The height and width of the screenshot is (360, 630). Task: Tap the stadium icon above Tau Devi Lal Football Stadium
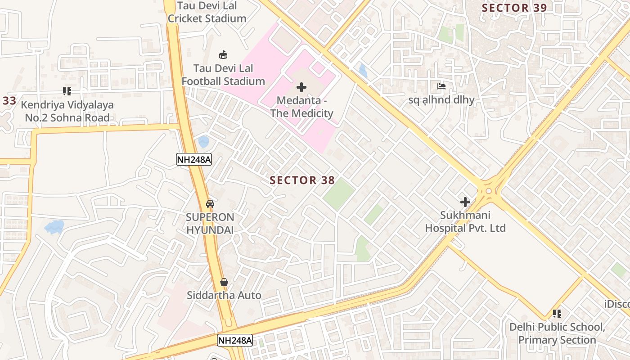[223, 55]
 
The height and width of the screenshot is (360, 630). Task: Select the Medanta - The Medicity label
[301, 107]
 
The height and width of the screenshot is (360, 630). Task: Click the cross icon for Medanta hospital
[301, 87]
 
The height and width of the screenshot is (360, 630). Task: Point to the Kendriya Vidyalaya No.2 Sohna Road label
[67, 111]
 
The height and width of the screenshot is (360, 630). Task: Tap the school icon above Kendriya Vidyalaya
[67, 92]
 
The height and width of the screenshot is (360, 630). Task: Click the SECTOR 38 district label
[302, 180]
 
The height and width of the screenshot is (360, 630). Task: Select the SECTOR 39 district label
[514, 8]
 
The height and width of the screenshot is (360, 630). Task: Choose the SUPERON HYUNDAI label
[210, 223]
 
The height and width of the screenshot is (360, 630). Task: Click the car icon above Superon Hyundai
[210, 203]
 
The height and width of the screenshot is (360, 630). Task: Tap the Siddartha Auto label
[224, 296]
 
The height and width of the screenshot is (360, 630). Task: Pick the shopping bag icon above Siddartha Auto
[224, 282]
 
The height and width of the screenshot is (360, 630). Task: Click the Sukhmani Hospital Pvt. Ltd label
[465, 222]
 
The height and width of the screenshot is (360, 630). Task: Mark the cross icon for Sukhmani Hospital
[465, 202]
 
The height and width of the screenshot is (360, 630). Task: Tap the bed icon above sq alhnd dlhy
[441, 86]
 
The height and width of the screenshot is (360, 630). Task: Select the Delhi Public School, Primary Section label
[557, 333]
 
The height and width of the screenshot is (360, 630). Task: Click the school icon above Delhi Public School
[557, 314]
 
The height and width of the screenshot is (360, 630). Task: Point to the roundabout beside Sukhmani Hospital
[488, 191]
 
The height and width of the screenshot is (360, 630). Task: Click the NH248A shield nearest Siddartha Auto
[234, 340]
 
